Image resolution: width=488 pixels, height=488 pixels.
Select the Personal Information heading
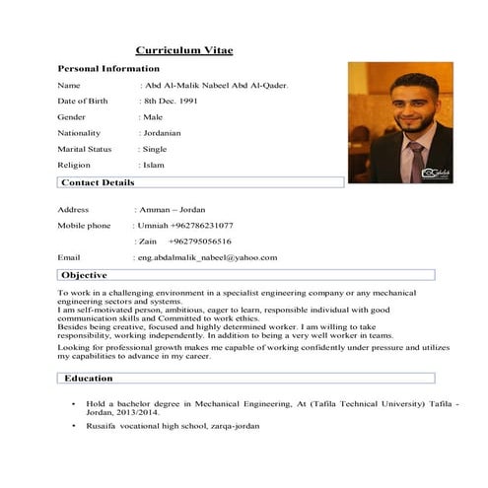pyautogui.click(x=108, y=69)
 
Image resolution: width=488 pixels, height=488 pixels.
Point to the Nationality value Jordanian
pyautogui.click(x=162, y=133)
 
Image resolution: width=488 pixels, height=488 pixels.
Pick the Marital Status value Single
pyautogui.click(x=154, y=149)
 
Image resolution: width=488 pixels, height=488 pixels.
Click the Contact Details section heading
pyautogui.click(x=98, y=183)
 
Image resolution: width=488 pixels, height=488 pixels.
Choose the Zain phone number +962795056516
pyautogui.click(x=200, y=242)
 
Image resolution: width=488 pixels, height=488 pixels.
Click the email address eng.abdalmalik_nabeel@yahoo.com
pyautogui.click(x=207, y=257)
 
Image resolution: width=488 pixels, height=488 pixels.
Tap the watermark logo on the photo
pyautogui.click(x=435, y=173)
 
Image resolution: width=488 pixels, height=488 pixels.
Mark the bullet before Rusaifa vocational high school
pyautogui.click(x=73, y=425)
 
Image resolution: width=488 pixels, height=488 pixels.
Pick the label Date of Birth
pyautogui.click(x=87, y=102)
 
